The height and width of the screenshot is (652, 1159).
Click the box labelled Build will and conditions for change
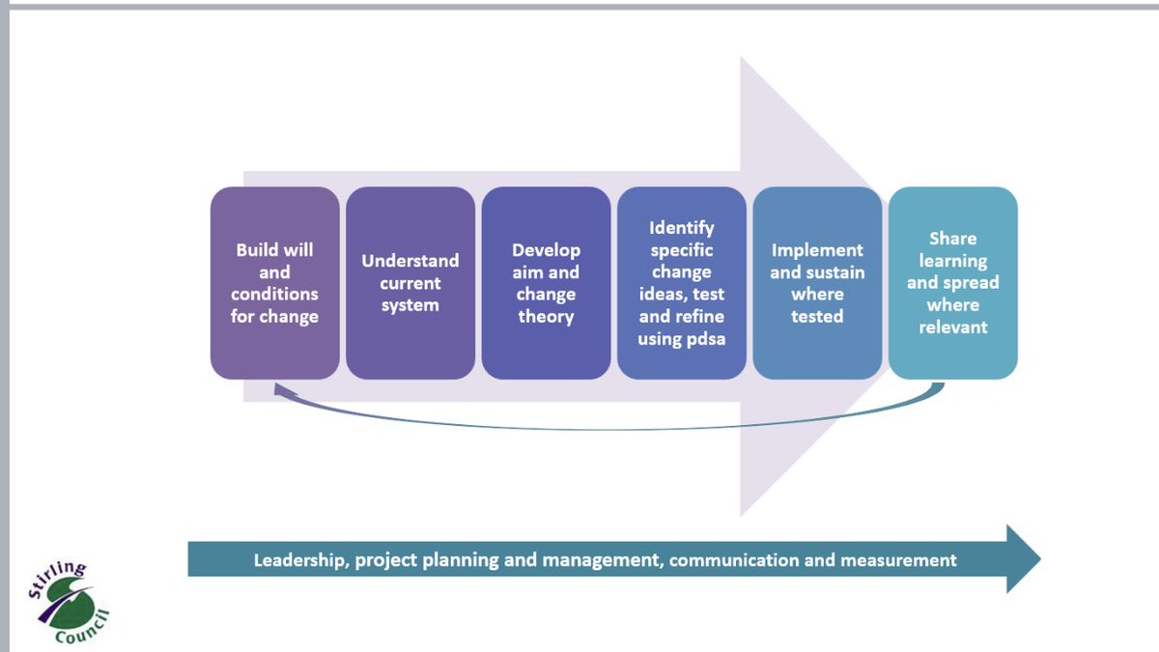pos(274,283)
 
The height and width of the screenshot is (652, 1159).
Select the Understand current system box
pos(410,283)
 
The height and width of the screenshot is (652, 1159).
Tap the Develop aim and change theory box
pos(546,283)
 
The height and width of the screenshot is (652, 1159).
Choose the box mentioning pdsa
pos(681,283)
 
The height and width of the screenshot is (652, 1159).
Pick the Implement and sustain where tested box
pos(817,283)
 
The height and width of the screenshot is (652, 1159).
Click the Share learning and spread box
pos(952,283)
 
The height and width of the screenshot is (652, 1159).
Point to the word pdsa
pos(702,339)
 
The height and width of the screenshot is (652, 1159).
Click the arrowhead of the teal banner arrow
pos(1023,559)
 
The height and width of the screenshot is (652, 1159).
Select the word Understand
pos(410,261)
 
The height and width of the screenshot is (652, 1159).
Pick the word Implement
pos(817,250)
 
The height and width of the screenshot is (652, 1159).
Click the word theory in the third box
pos(546,317)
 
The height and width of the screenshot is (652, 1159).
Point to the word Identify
pos(681,228)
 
